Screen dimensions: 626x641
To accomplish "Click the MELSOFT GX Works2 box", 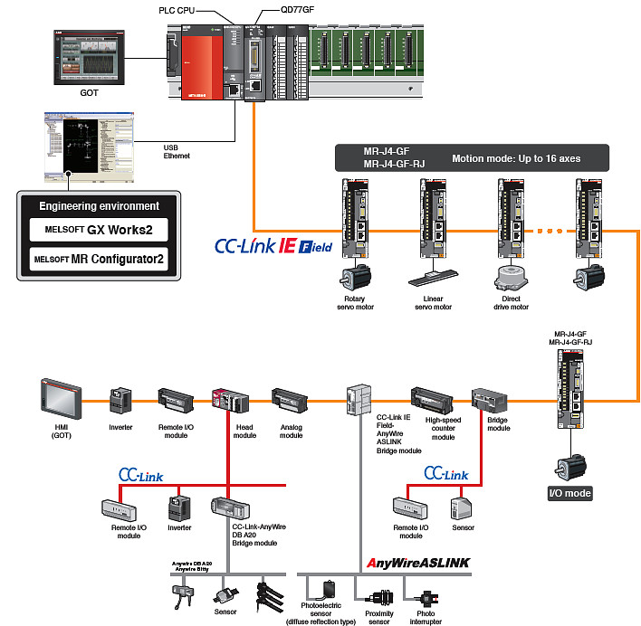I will pos(100,230).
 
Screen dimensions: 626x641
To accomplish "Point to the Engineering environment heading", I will pos(100,205).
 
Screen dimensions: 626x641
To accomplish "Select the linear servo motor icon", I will pos(430,280).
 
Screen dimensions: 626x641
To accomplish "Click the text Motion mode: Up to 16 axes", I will pos(516,158).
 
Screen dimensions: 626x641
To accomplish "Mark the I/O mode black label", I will pos(569,493).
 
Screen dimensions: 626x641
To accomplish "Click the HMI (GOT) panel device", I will pos(60,398).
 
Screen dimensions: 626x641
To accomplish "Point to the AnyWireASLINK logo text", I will pos(418,562).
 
